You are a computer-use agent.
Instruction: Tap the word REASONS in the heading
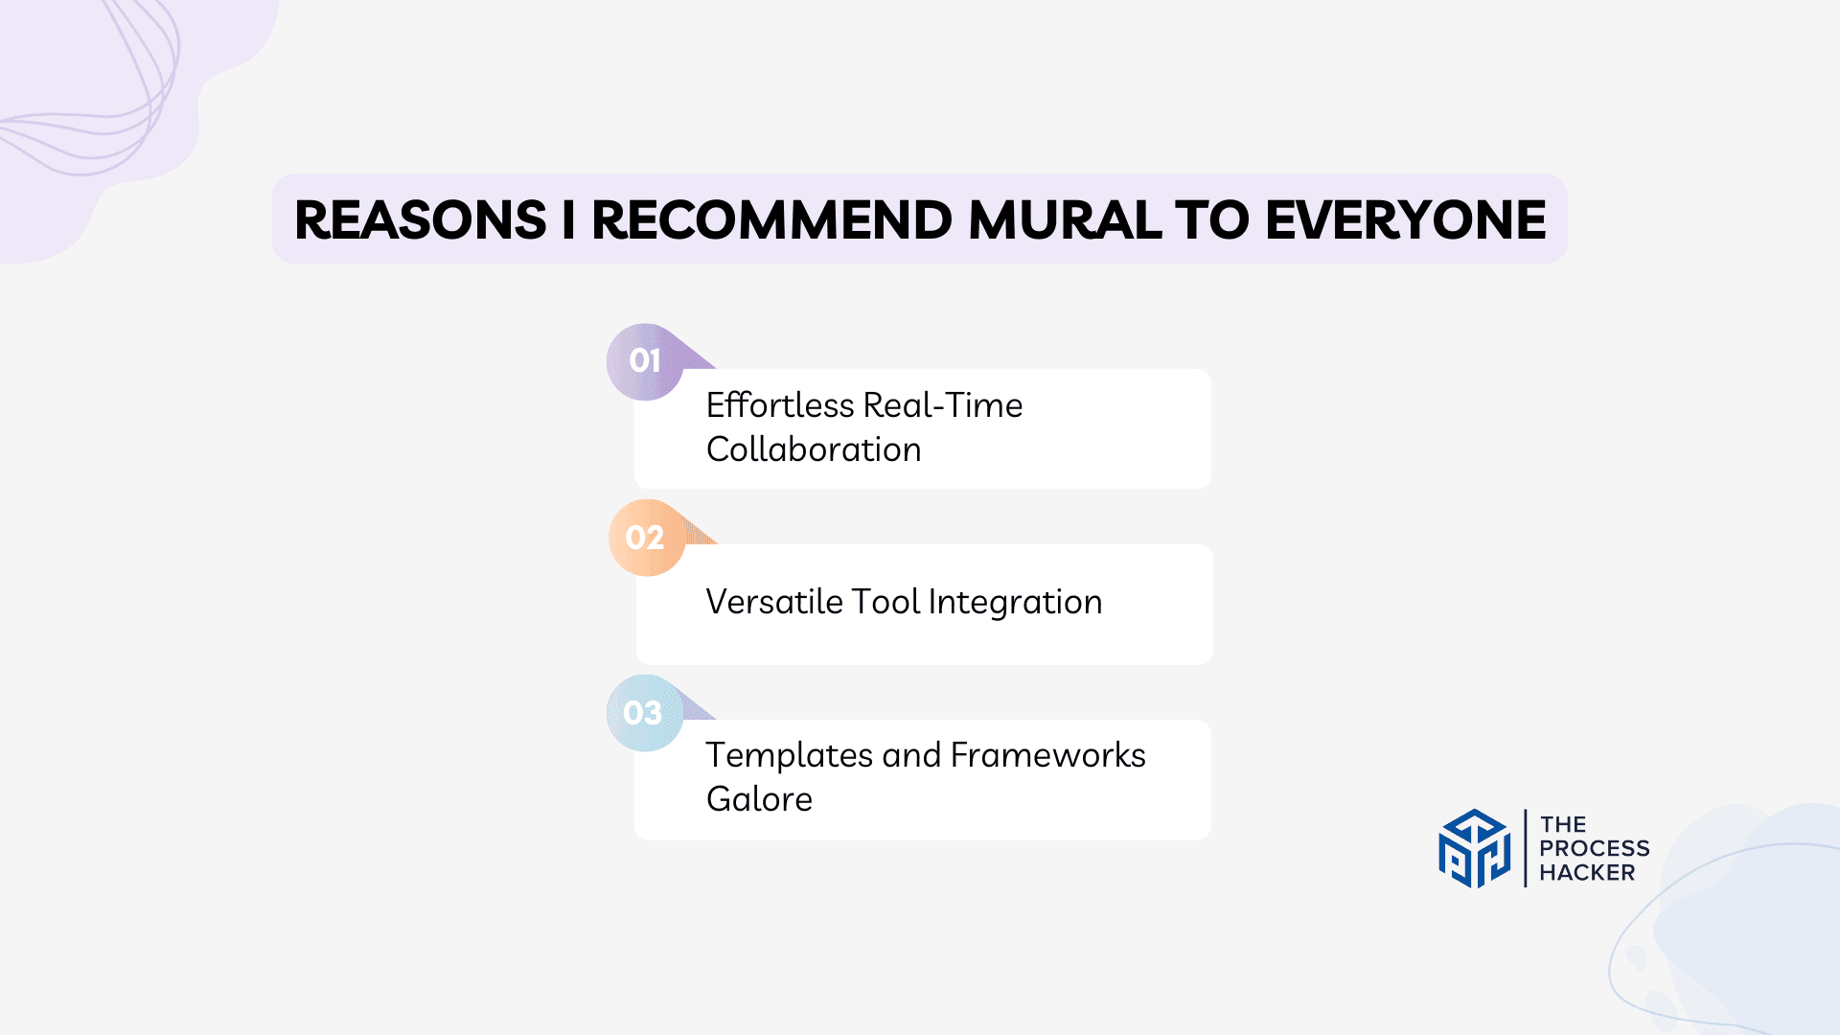(x=420, y=220)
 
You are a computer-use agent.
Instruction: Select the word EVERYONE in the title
(x=1405, y=220)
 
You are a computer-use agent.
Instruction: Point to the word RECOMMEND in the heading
(x=771, y=220)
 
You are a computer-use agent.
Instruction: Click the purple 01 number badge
(x=645, y=361)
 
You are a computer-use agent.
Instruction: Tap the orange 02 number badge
(x=645, y=538)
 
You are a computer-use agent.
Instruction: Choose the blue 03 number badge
(x=643, y=713)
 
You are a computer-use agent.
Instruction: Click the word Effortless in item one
(x=779, y=405)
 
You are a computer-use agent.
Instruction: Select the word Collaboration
(x=814, y=449)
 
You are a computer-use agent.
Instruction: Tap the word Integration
(x=1015, y=603)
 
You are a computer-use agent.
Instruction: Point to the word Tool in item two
(x=885, y=602)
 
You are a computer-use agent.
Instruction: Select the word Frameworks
(x=1047, y=755)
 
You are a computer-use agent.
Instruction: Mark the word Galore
(x=759, y=799)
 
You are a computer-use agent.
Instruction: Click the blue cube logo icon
(x=1474, y=848)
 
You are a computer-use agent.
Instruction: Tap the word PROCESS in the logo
(x=1594, y=848)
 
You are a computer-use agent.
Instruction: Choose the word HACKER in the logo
(x=1587, y=872)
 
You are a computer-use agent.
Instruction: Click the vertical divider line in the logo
(x=1525, y=848)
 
